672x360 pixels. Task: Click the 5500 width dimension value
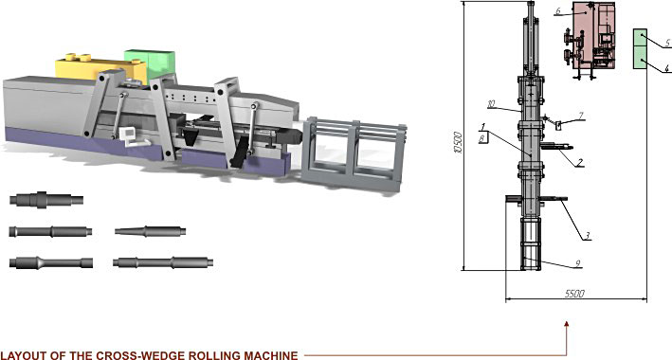coord(574,294)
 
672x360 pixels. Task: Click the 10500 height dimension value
coord(459,143)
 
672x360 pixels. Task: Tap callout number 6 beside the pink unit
coord(557,10)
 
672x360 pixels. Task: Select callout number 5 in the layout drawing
coord(666,43)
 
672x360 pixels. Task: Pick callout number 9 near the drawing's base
coord(577,263)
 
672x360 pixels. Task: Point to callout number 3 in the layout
coord(588,235)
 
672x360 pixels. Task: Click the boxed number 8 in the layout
coord(482,138)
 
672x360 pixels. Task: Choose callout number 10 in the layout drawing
coord(491,103)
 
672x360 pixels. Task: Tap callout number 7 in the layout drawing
coord(581,115)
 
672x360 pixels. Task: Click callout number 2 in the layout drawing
coord(579,162)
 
